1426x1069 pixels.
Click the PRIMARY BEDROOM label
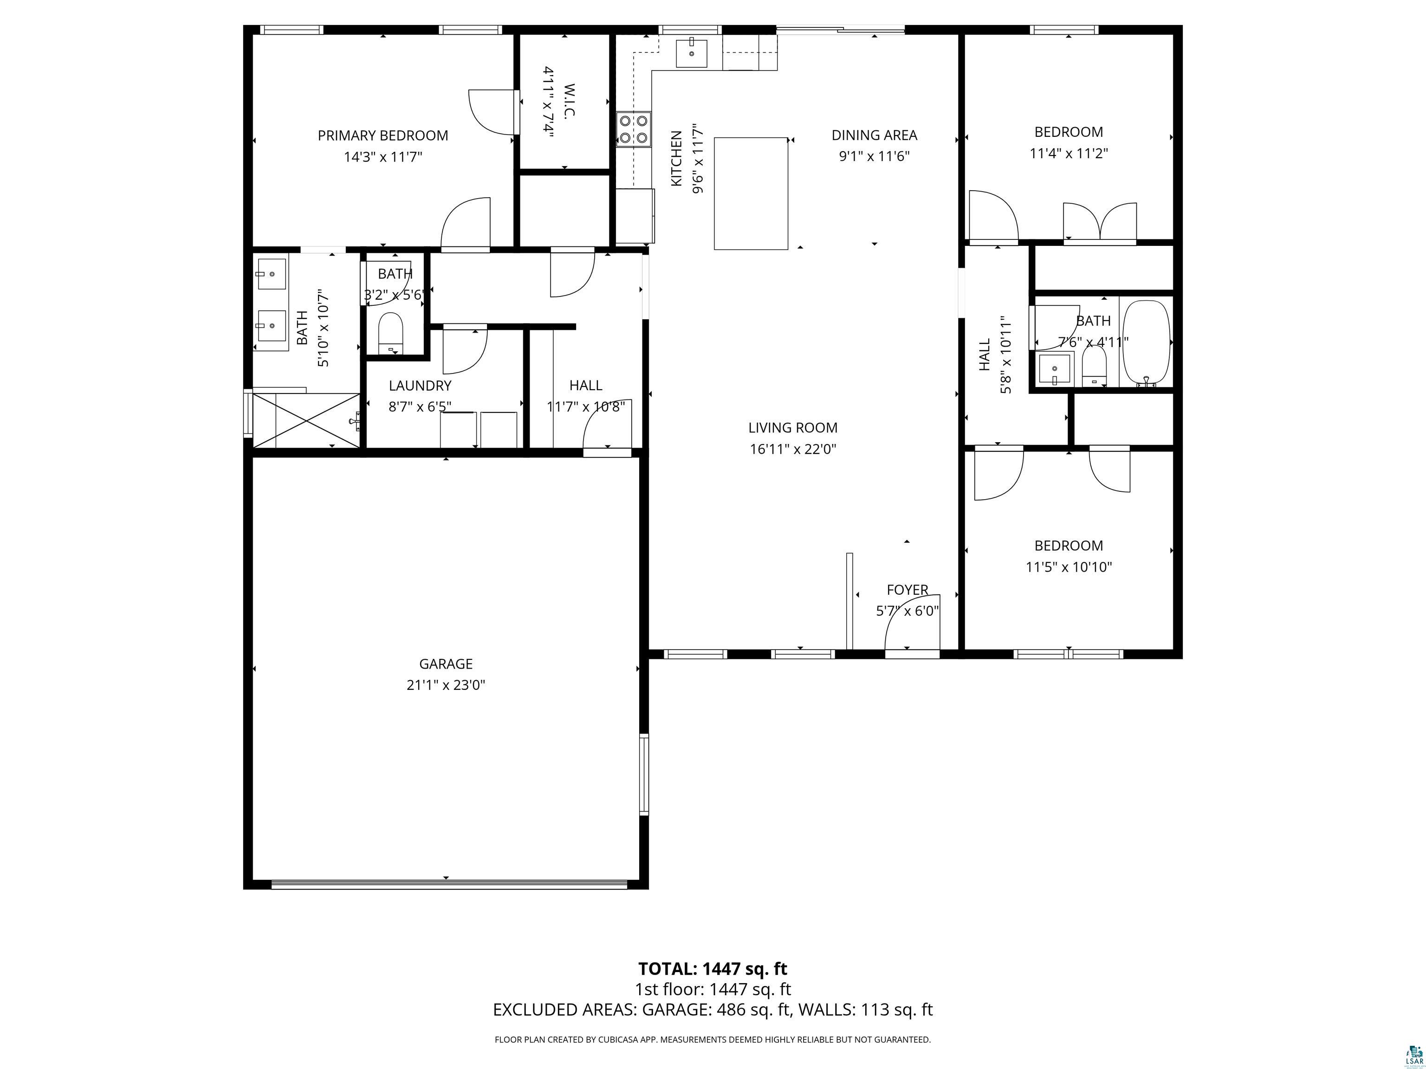[x=383, y=135]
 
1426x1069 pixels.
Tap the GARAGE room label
[x=446, y=663]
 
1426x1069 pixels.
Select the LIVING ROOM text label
[x=793, y=427]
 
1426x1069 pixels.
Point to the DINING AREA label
[x=874, y=135]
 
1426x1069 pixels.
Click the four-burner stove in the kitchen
[x=634, y=129]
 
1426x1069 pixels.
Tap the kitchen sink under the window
[x=691, y=53]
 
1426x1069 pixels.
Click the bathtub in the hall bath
[x=1146, y=343]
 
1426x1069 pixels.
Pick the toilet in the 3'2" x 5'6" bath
[x=390, y=333]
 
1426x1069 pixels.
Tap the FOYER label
[x=907, y=590]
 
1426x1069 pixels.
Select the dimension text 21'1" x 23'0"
[x=446, y=685]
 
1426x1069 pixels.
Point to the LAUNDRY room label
[x=420, y=385]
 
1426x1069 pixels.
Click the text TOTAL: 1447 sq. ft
[x=713, y=968]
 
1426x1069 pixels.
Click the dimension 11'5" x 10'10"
[x=1069, y=567]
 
